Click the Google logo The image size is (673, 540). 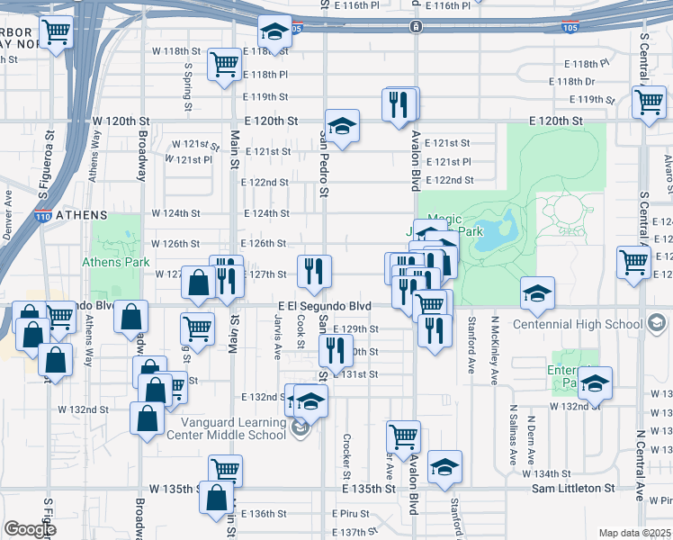click(30, 529)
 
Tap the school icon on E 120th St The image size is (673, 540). click(342, 126)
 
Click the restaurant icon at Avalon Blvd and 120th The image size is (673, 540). click(400, 104)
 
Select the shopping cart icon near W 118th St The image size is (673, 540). click(222, 64)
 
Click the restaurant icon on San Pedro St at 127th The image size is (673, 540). click(314, 271)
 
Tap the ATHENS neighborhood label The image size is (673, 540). click(81, 216)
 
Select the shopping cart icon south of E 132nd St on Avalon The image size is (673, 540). click(403, 436)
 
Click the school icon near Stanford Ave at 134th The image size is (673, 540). click(444, 467)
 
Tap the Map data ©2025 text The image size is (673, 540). click(634, 532)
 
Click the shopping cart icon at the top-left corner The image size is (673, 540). click(57, 33)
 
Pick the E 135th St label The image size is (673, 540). click(370, 489)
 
